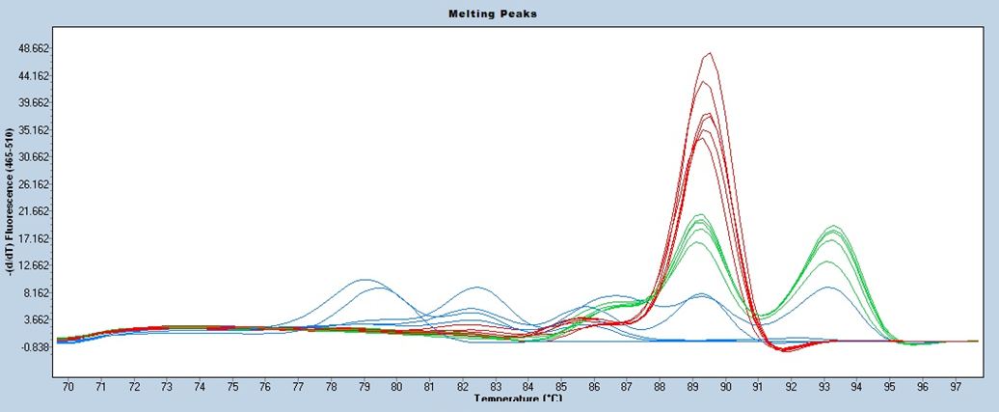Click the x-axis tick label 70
click(67, 386)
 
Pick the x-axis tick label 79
click(364, 386)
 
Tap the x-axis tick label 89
click(693, 386)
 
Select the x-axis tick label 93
click(824, 386)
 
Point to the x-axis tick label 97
click(957, 386)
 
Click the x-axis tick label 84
click(528, 386)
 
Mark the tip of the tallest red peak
click(710, 53)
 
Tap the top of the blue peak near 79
click(364, 280)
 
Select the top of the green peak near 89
click(700, 215)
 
